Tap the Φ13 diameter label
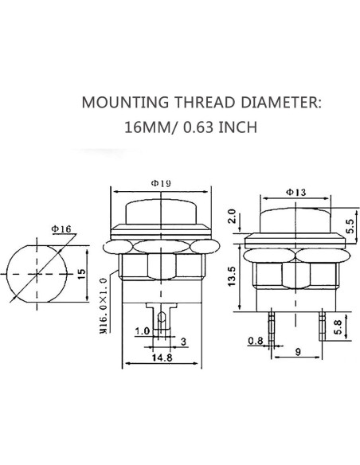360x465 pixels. pos(296,192)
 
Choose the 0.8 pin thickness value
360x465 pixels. pos(256,341)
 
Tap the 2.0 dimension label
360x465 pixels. pos(232,217)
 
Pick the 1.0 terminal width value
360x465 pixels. pos(142,330)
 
